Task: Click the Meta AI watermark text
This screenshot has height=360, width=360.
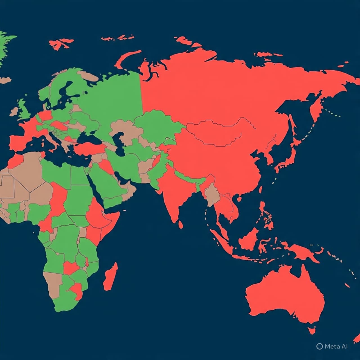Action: [336, 346]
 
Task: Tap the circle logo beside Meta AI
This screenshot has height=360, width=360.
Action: [319, 346]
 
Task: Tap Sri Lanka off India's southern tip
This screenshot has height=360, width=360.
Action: [181, 224]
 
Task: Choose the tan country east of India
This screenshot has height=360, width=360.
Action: [212, 195]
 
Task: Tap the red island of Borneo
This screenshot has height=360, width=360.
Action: [249, 239]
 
